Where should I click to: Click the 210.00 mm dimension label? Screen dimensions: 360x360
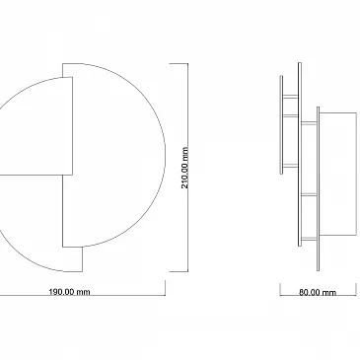coord(185,168)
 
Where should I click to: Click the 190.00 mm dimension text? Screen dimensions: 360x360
coord(69,292)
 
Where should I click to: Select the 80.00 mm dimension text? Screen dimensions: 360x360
coord(318,292)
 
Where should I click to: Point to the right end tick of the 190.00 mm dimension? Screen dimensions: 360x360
coord(165,288)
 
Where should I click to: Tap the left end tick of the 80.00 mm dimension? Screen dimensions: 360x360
coord(280,290)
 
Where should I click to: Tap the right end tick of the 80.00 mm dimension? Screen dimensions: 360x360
coord(356,290)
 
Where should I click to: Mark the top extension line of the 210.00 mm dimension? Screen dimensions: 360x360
coord(179,63)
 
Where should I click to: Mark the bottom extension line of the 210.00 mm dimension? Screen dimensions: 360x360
coord(179,271)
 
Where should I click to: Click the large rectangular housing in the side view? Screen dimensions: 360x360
coord(337,175)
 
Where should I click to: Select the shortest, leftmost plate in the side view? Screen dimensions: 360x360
coord(281,124)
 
